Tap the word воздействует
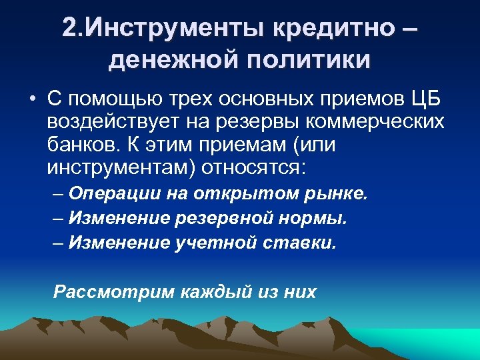117,122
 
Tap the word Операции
114,194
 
